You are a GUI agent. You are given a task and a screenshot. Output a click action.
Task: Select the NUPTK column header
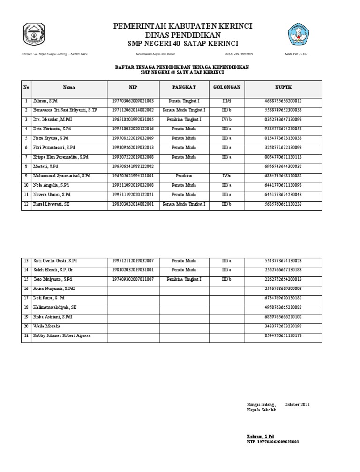click(x=283, y=87)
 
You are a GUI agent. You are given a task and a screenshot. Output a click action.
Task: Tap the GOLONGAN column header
click(x=227, y=87)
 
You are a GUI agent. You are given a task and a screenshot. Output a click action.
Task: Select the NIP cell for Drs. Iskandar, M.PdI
click(x=133, y=120)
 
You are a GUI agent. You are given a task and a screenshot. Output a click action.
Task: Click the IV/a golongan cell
click(x=227, y=176)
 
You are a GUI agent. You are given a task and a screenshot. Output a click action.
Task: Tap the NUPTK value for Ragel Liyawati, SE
click(x=283, y=204)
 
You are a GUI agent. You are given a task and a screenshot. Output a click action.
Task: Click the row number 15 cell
click(x=26, y=279)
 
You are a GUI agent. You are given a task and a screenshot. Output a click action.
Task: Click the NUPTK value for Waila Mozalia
click(x=283, y=326)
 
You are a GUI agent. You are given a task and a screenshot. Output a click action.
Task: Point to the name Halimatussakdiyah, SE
click(x=54, y=307)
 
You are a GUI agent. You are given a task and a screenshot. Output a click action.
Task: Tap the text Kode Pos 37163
click(x=296, y=54)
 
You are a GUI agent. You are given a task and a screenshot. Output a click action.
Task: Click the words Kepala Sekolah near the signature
click(x=262, y=410)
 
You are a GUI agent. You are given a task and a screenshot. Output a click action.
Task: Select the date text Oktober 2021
click(x=297, y=404)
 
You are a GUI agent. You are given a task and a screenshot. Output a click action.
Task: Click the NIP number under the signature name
click(x=273, y=442)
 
